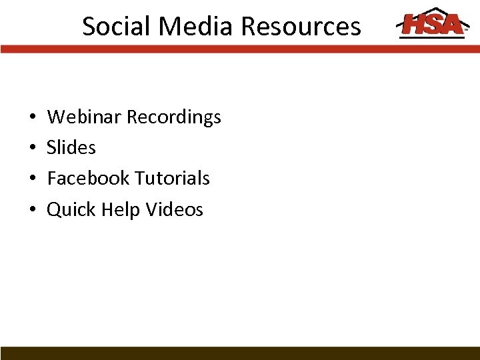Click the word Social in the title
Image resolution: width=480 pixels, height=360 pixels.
pos(114,27)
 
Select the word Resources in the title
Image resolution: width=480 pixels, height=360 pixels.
pos(301,27)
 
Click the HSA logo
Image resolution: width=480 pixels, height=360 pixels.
pos(431,24)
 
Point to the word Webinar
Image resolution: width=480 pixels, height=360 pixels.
pos(85,117)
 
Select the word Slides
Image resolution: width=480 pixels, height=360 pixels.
pos(71,147)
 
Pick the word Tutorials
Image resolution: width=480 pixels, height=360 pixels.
pos(172,178)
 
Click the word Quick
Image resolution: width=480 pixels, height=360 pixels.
pos(71,209)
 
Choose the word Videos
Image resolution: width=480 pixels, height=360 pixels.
pos(174,209)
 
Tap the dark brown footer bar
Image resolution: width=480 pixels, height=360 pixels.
pos(240,353)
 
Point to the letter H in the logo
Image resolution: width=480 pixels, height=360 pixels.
pos(414,25)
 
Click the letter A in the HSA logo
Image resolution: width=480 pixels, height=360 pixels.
pos(452,25)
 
